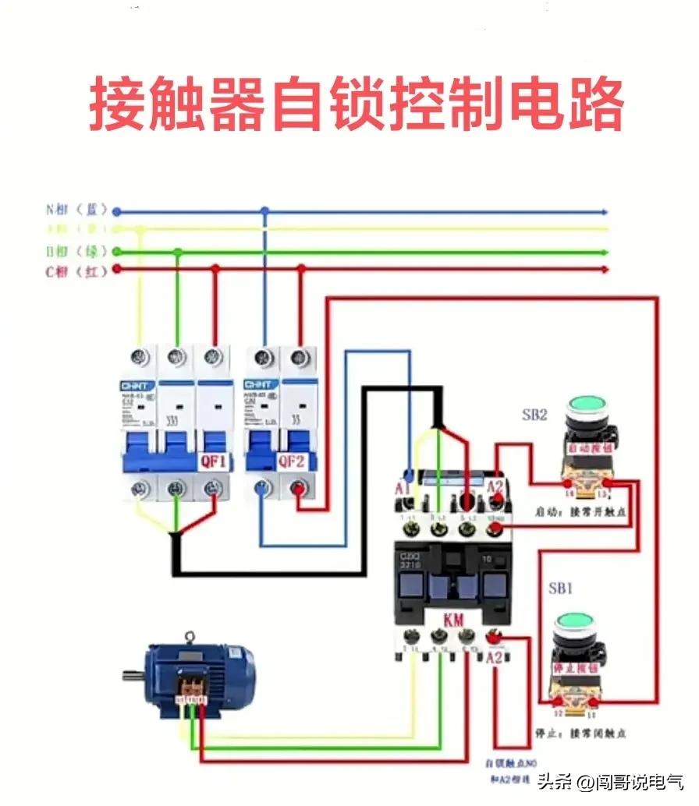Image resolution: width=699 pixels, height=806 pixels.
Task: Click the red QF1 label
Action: (x=214, y=461)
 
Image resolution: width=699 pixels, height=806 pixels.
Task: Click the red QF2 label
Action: (x=292, y=461)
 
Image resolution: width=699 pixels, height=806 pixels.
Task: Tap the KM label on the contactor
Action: (x=453, y=620)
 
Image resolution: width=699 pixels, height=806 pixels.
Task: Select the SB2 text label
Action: (x=534, y=414)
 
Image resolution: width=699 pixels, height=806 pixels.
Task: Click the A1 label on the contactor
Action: (x=403, y=489)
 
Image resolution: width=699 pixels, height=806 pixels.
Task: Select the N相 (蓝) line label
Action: (x=76, y=210)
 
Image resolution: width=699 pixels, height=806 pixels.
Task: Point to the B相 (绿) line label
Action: (x=76, y=251)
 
